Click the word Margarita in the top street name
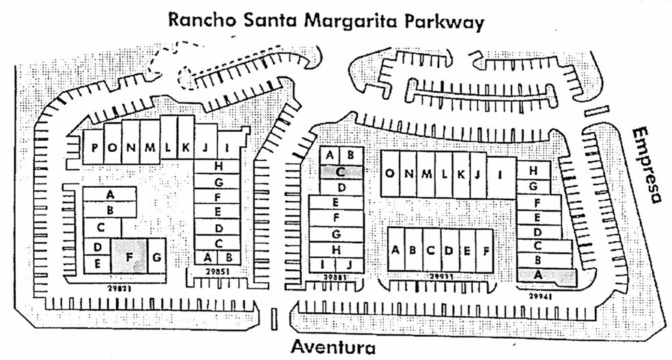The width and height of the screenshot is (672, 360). click(x=349, y=22)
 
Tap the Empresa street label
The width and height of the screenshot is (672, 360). click(x=646, y=164)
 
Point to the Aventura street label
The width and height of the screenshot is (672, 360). click(x=334, y=346)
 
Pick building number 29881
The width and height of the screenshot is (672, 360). click(x=335, y=278)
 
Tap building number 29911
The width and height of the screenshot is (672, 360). click(x=440, y=277)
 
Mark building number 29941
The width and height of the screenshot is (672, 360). click(x=543, y=296)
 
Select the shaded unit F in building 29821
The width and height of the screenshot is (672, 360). click(x=129, y=257)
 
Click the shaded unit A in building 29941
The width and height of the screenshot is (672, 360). click(x=537, y=274)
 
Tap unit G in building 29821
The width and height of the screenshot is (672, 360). click(x=157, y=257)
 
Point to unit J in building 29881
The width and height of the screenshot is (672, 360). click(x=348, y=264)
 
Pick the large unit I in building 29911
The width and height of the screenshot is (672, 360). click(x=501, y=174)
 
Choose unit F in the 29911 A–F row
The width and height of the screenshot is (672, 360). click(x=485, y=250)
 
